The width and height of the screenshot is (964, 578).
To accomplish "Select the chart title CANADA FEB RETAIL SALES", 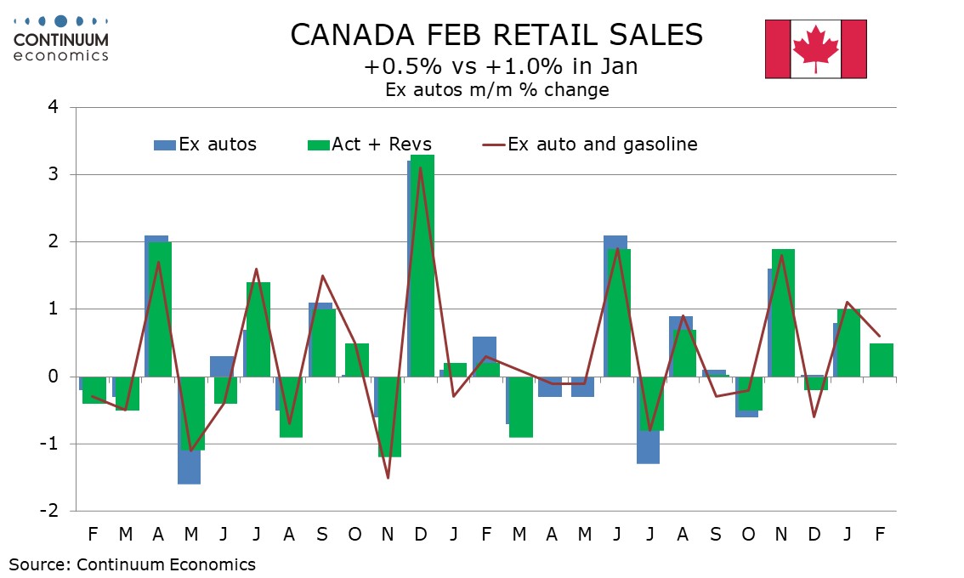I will (496, 35).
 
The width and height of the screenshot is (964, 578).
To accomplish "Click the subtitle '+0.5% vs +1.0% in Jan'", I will (496, 66).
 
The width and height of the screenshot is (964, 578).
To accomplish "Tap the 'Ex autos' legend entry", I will (206, 144).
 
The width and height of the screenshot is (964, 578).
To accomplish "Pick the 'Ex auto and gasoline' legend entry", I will (591, 144).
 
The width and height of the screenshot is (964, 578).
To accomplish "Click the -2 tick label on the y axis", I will (49, 511).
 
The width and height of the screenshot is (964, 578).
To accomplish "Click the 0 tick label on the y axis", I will (53, 377).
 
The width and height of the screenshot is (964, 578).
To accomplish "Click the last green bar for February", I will (880, 360).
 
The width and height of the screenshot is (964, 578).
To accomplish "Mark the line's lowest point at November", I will (388, 478).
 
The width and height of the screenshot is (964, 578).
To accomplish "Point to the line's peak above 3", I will (421, 168).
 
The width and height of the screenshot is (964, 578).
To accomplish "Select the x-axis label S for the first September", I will (322, 535).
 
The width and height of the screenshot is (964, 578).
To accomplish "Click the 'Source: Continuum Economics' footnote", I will (133, 564).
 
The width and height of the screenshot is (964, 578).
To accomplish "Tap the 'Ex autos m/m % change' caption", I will (496, 90).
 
